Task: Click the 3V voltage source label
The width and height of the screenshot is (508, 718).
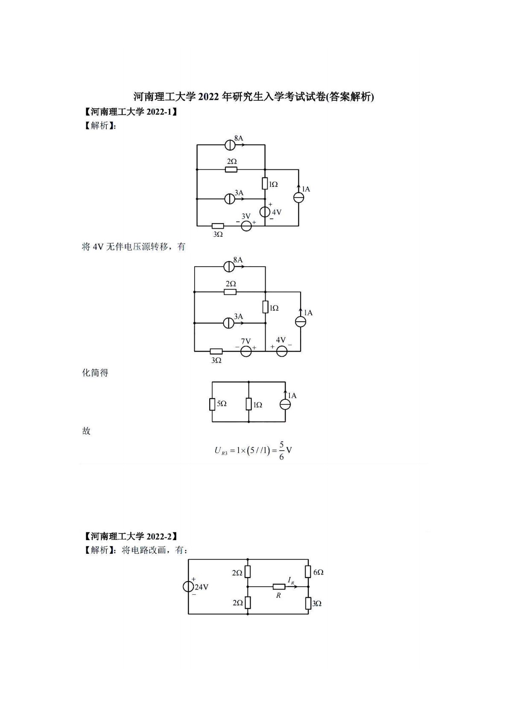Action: [x=246, y=216]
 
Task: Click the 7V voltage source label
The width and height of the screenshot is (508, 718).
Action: [x=246, y=341]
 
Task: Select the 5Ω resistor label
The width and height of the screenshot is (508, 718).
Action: [x=222, y=404]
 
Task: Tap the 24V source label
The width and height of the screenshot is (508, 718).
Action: [x=201, y=587]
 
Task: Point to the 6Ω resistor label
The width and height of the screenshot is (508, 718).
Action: [x=318, y=572]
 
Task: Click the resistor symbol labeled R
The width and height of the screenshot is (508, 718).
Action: [x=279, y=587]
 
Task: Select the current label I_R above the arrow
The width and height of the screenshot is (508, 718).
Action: [x=291, y=580]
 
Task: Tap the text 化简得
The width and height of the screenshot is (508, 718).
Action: [x=95, y=372]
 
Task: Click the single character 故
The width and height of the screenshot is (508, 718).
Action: [x=86, y=431]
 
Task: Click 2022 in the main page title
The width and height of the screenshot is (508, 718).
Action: [x=208, y=97]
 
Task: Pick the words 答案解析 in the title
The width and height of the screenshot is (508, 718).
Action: [x=349, y=97]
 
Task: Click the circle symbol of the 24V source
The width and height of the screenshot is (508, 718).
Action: [x=188, y=587]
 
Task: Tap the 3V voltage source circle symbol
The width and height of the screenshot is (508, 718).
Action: [x=246, y=226]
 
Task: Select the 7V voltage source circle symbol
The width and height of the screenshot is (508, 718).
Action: [x=246, y=351]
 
